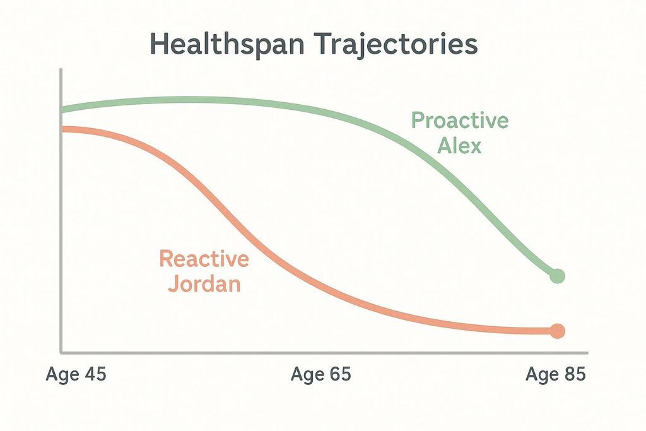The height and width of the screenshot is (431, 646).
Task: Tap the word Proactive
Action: (x=459, y=120)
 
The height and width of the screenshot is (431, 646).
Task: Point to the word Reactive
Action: (x=204, y=258)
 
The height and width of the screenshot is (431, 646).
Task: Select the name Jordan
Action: (x=204, y=284)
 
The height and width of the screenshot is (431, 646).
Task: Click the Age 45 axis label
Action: (x=76, y=374)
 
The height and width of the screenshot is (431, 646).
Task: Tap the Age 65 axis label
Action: (x=320, y=374)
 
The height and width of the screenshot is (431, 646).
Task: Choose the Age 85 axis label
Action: (x=556, y=374)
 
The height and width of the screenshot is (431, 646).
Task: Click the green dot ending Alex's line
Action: (x=557, y=276)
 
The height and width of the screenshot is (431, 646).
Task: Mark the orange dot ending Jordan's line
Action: (x=557, y=331)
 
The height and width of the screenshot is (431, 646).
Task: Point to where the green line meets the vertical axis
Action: (x=62, y=110)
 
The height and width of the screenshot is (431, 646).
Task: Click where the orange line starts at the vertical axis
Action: (x=62, y=129)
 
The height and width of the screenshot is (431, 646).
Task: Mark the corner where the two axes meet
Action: (x=61, y=352)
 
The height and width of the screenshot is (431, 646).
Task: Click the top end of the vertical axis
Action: (x=61, y=71)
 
